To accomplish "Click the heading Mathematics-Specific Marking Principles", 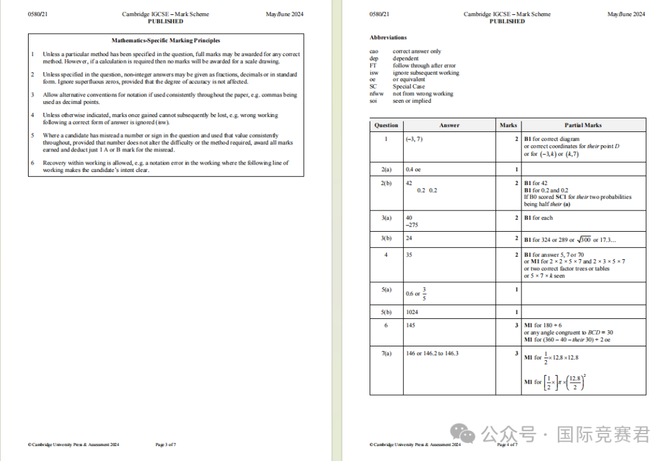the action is click(x=166, y=40).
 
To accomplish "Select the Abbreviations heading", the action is click(x=388, y=37).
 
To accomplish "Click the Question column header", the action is click(x=386, y=125).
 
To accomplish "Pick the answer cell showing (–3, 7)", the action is click(x=414, y=139).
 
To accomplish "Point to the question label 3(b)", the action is click(x=386, y=238).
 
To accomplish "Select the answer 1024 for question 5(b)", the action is click(x=412, y=311).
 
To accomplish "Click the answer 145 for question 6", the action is click(x=410, y=326).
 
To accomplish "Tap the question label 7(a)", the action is click(x=386, y=353).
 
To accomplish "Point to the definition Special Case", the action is click(x=409, y=87).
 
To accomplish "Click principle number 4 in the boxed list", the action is click(x=32, y=115).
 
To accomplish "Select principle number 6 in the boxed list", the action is click(x=32, y=163).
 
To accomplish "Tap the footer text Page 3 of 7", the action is click(x=166, y=445).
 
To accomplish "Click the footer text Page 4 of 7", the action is click(x=506, y=445).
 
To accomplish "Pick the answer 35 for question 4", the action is click(x=409, y=255).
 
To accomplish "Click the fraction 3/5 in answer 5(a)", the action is click(x=424, y=293).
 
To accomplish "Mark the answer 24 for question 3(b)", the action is click(x=409, y=238).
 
